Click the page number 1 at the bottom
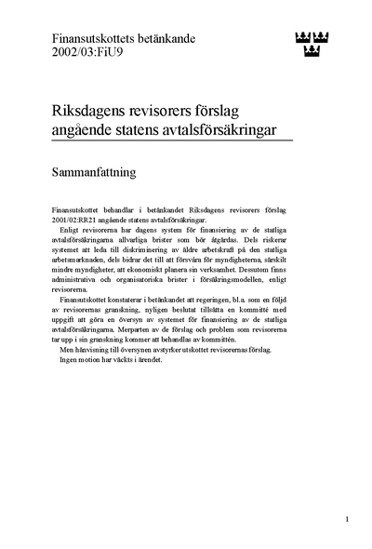tap(346, 518)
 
